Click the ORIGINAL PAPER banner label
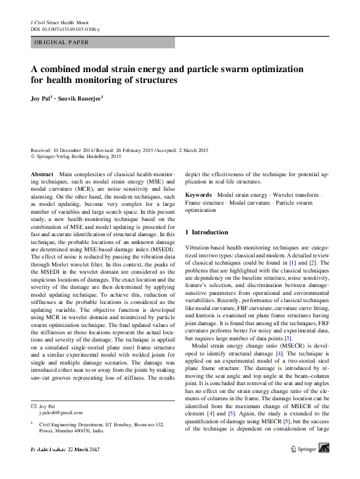[62, 42]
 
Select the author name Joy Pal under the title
[42, 97]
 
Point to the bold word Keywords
[198, 195]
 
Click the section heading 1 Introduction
[206, 232]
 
